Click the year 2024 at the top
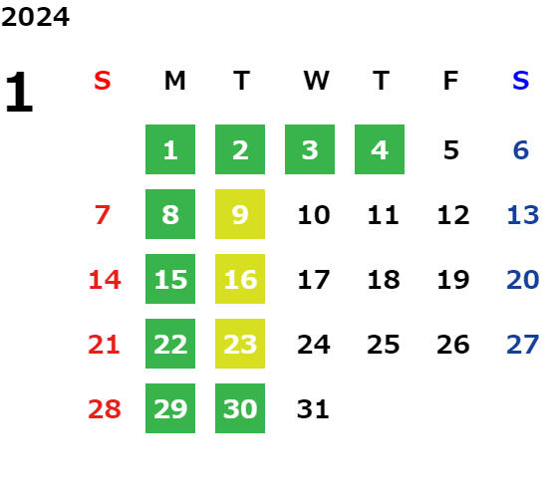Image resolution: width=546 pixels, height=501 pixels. (35, 17)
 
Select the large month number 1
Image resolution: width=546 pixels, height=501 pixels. (19, 92)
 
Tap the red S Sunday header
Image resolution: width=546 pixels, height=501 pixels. (103, 81)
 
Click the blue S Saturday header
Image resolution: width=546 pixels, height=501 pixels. (521, 81)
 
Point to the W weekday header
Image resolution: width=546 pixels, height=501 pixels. (316, 81)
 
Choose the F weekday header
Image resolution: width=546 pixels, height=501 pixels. (451, 81)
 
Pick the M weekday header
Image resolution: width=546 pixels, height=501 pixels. (174, 81)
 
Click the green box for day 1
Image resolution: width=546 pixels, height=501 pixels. (170, 149)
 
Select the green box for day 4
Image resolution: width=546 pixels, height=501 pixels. (380, 149)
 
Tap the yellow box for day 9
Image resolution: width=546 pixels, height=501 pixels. (240, 214)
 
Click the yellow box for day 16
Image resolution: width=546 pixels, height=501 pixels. (240, 279)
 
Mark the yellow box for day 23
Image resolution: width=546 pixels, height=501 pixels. (240, 344)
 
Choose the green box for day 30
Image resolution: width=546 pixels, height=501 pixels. (240, 408)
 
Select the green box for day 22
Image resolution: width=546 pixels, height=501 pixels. (170, 344)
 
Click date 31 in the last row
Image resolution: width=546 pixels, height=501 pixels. (313, 408)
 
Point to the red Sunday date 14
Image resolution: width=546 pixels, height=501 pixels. (105, 280)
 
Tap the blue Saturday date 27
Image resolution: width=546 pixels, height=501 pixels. (523, 345)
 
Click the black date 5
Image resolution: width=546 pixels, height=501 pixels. (451, 150)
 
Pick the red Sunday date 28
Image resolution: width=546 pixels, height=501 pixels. (105, 408)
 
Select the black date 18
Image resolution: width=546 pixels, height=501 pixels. (384, 280)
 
